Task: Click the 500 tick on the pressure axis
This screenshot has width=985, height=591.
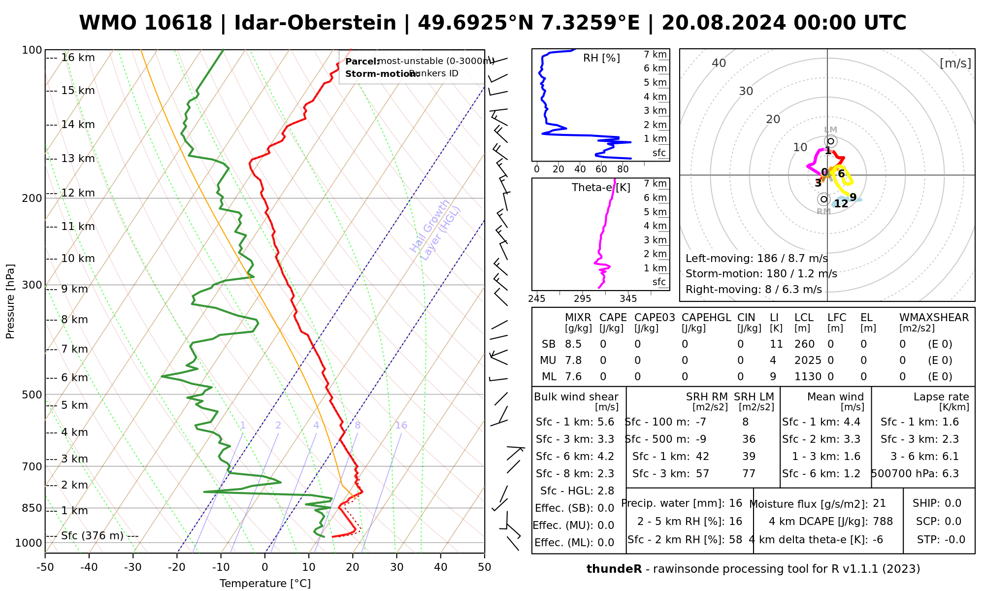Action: pos(32,394)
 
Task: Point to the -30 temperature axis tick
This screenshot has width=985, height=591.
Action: pos(133,567)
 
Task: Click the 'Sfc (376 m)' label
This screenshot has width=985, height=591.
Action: pos(92,536)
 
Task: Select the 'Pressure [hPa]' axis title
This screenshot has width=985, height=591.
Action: pos(10,301)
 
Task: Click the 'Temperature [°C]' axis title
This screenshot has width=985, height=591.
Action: pos(265,584)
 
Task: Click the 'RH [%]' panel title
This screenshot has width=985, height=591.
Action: pos(601,58)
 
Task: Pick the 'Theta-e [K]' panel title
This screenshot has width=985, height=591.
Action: pos(601,188)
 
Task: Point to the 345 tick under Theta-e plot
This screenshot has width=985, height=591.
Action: pos(628,299)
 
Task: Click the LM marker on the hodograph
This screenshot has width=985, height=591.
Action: pos(831,141)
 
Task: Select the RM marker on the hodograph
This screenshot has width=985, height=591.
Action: pos(823,199)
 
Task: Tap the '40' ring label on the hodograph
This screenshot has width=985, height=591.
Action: pos(719,63)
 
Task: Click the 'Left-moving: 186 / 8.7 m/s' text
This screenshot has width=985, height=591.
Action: pos(756,259)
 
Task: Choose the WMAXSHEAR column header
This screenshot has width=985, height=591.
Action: pos(934,318)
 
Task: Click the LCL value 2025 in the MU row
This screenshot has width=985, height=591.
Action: pos(808,361)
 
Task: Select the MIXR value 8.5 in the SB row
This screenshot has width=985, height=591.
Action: pos(573,344)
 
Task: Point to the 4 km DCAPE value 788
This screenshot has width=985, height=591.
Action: pos(883,522)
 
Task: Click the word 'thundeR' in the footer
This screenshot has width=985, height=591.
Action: pos(614,569)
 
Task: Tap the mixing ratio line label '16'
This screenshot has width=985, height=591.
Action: pos(401,426)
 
